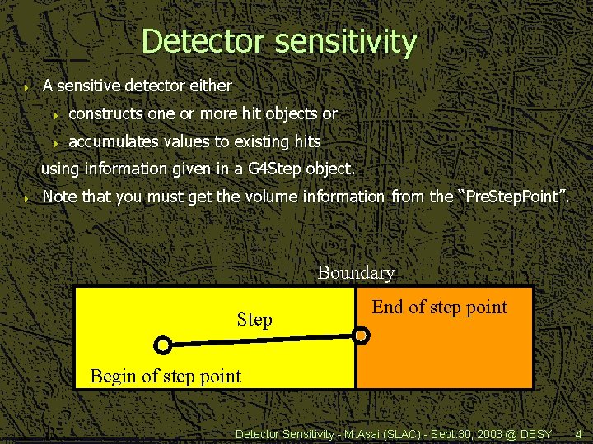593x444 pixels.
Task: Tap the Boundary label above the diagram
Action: click(356, 272)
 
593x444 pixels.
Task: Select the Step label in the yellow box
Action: click(254, 319)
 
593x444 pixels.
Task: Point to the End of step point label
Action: click(439, 307)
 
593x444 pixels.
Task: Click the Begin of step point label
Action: click(166, 377)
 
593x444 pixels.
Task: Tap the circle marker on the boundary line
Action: click(361, 335)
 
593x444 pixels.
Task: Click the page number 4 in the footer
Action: click(578, 433)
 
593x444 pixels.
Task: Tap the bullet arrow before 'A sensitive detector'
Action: click(27, 86)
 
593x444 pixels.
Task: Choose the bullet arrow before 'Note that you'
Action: click(27, 198)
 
